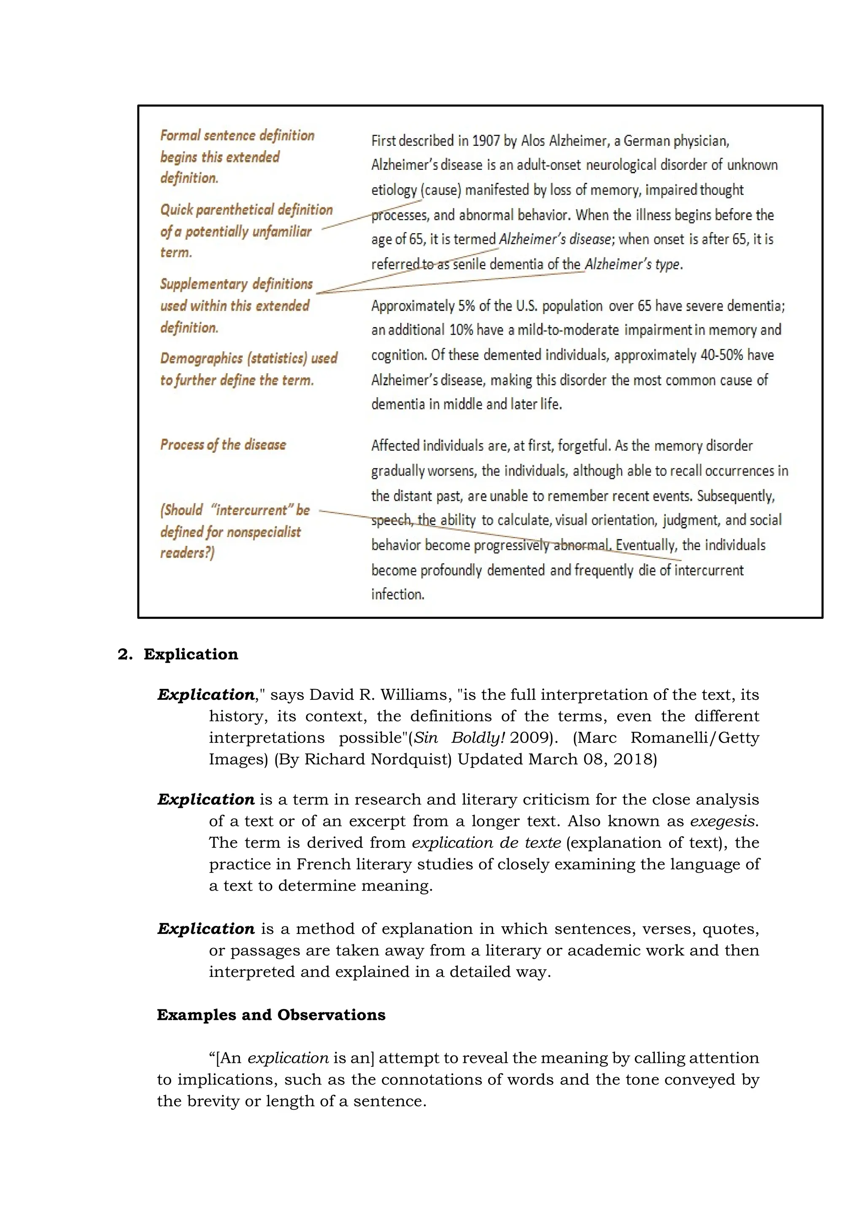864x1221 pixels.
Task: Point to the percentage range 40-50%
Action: click(721, 355)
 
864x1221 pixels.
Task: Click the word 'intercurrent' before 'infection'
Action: click(709, 570)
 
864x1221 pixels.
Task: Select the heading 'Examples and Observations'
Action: click(271, 1015)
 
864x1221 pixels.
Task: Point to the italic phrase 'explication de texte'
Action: click(486, 842)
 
